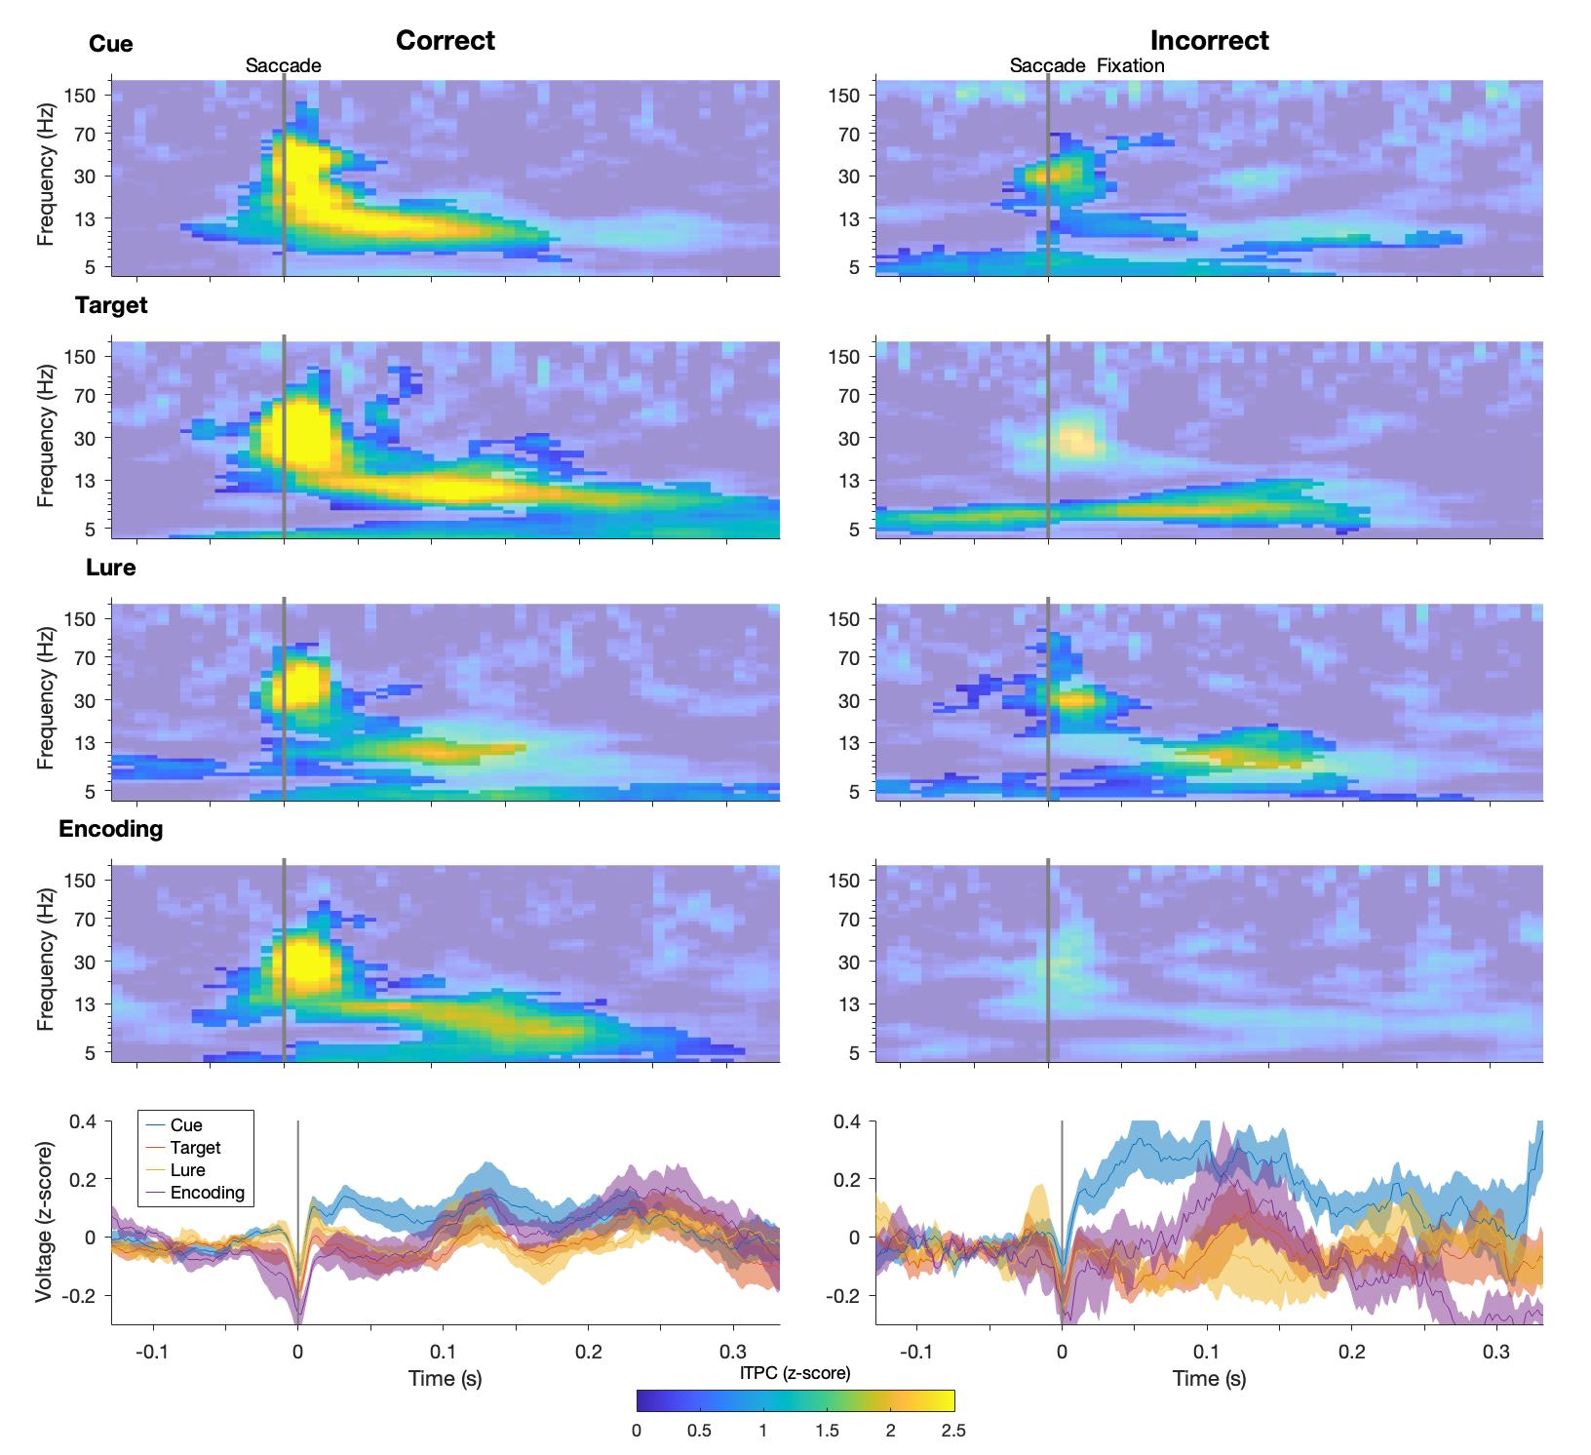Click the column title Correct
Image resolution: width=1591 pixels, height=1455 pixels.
tap(446, 40)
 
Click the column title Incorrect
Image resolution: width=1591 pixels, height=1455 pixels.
tap(1209, 40)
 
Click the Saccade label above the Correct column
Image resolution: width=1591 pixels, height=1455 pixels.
tap(283, 66)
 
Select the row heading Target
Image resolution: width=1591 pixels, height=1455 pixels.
tap(111, 305)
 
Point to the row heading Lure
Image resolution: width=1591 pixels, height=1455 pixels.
tap(110, 568)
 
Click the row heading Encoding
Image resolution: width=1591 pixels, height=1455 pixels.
tap(110, 829)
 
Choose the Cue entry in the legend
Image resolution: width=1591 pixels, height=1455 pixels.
tap(186, 1125)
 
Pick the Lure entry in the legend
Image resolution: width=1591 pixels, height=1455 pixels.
tap(187, 1170)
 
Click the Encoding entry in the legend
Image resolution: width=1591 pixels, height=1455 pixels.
tap(207, 1193)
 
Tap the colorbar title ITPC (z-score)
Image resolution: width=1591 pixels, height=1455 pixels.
tap(795, 1373)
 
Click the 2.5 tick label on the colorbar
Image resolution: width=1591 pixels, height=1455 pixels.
tap(953, 1432)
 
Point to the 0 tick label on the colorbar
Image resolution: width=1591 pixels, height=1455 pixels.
tap(637, 1432)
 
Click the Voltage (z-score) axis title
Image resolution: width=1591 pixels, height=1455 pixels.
tap(45, 1222)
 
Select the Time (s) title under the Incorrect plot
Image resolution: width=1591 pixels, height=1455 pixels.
tap(1209, 1378)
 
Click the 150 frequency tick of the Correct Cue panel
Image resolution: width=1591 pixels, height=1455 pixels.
tap(79, 95)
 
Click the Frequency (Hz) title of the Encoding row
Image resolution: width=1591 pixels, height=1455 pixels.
tap(45, 962)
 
